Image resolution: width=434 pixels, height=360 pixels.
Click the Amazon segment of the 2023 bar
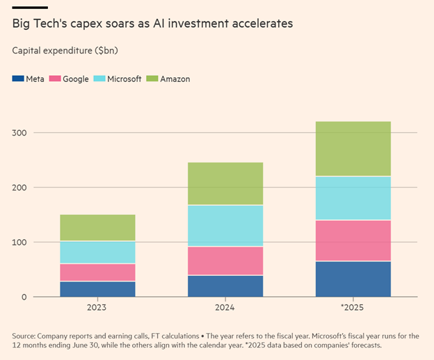[97, 228]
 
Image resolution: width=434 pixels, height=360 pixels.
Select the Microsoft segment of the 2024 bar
[225, 226]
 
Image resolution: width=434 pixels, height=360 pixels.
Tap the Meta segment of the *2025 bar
[353, 279]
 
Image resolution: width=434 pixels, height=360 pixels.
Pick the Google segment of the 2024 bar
[225, 261]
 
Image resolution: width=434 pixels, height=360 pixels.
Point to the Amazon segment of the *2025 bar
[353, 149]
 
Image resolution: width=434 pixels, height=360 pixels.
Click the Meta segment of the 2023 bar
[97, 288]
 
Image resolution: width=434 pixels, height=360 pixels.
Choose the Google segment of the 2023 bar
[97, 272]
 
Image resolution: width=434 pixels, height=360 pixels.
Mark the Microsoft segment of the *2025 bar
[353, 198]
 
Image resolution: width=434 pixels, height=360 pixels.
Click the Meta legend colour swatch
[18, 79]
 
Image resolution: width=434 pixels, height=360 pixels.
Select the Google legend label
[75, 79]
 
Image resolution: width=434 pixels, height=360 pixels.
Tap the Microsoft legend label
[127, 79]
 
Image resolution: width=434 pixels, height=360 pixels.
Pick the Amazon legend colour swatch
[152, 79]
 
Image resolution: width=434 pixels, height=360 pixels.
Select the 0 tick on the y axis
[24, 297]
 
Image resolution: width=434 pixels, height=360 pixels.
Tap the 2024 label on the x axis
[225, 307]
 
